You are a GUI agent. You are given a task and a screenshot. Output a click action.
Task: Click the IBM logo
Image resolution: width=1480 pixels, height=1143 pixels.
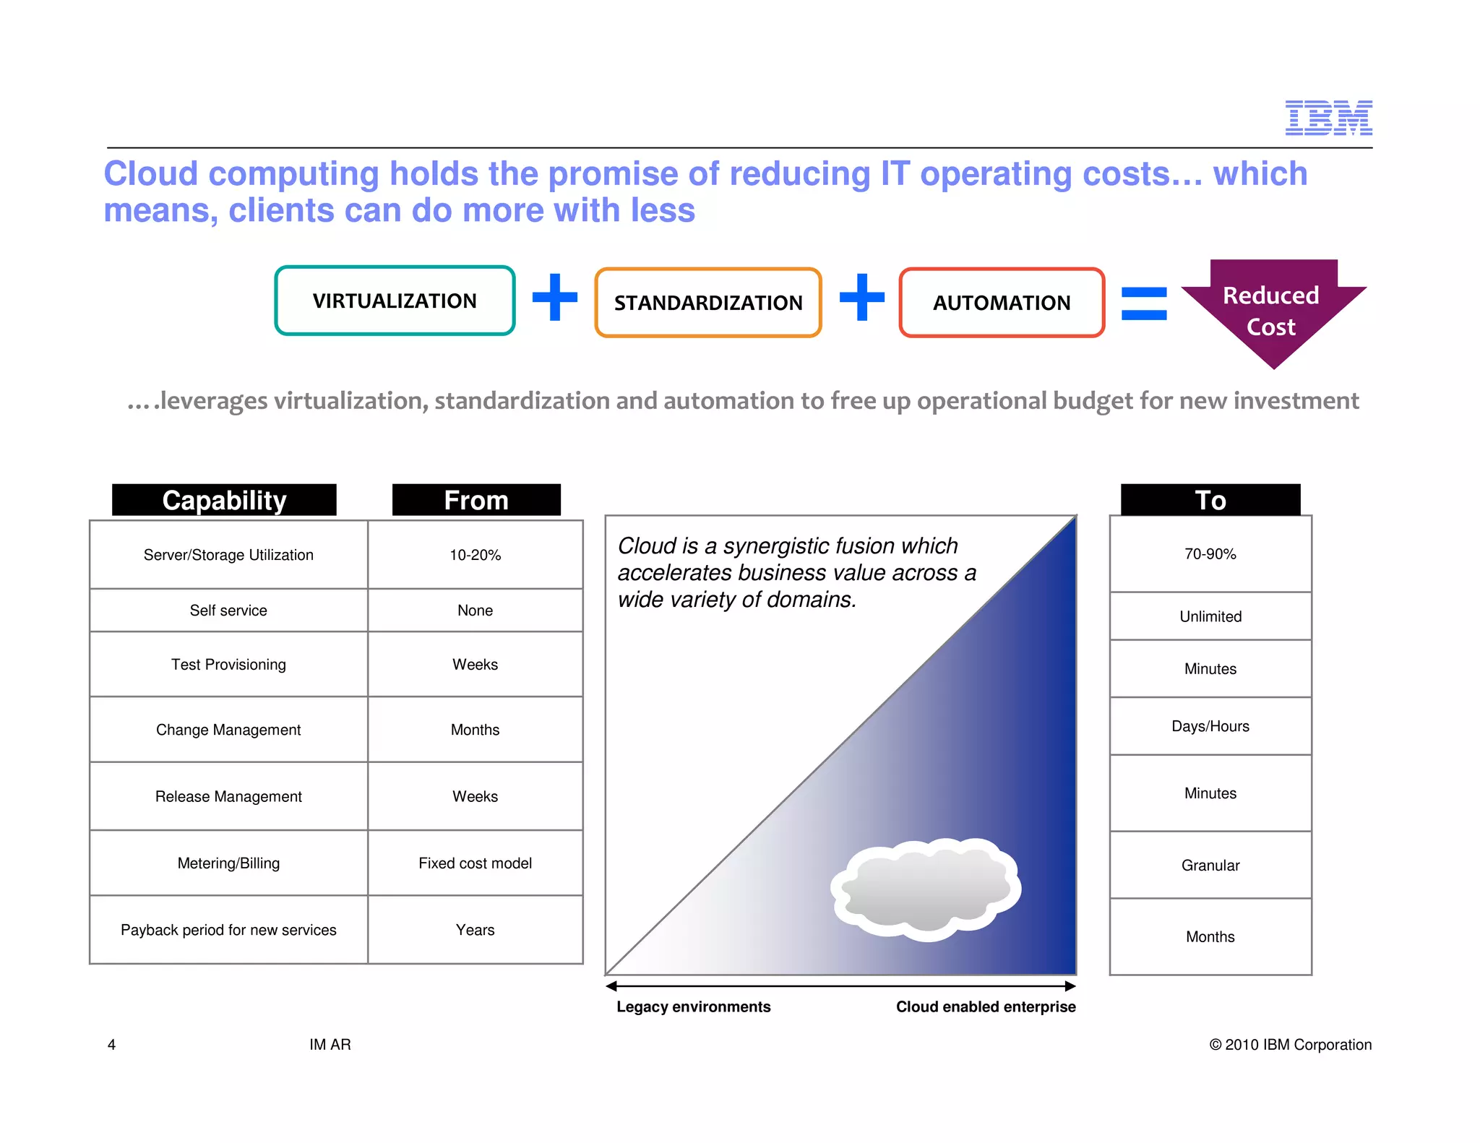coord(1328,118)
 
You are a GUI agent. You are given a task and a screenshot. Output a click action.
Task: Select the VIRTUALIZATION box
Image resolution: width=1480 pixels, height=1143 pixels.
coord(395,301)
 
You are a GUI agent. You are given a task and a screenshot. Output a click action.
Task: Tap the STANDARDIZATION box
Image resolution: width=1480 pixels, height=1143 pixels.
coord(708,303)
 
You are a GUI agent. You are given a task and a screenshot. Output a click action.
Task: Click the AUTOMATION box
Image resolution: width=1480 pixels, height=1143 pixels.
coord(1002,303)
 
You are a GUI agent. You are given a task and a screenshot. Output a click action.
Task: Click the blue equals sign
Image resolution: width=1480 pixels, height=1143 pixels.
coord(1143,303)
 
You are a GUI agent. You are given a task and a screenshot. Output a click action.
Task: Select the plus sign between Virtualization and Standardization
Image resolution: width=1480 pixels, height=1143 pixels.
coord(554,297)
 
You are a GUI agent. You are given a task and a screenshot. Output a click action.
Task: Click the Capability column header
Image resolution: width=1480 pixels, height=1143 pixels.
coord(224,500)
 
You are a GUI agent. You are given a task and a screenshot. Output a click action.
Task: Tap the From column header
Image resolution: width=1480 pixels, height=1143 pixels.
coord(476,500)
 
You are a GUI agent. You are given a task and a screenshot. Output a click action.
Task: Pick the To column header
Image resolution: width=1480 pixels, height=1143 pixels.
coord(1210,500)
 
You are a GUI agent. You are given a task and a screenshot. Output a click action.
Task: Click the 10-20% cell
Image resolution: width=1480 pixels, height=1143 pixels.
coord(475,555)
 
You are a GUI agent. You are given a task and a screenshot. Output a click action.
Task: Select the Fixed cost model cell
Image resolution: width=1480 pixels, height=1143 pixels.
coord(475,863)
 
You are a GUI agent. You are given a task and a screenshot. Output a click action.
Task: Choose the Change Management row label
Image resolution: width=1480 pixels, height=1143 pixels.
coord(228,730)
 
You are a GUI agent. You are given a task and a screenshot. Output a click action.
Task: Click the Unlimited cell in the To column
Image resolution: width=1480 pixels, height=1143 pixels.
coord(1210,616)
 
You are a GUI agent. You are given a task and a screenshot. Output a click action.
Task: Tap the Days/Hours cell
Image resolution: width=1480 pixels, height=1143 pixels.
coord(1210,726)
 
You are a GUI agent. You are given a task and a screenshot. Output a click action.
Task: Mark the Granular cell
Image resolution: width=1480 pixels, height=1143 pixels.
coord(1210,866)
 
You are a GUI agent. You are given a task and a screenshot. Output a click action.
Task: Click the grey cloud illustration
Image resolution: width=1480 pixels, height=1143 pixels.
coord(926,889)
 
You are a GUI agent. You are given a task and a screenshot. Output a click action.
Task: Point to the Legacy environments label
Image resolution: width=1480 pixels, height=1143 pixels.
coord(693,1007)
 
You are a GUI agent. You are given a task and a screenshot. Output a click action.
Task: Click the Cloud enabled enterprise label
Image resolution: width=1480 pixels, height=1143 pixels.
coord(986,1007)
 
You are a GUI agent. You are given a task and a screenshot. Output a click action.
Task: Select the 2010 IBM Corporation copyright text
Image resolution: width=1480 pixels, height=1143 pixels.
coord(1290,1045)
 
